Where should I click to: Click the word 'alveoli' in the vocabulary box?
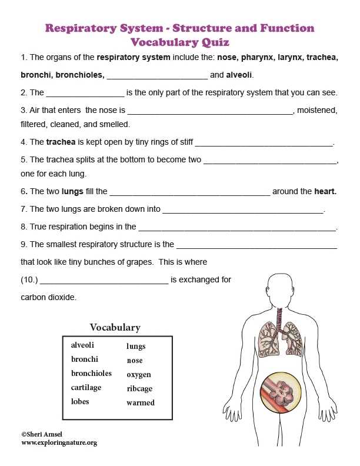(82, 345)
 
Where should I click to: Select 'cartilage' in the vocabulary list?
(86, 388)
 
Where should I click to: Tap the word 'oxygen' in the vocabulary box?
(139, 374)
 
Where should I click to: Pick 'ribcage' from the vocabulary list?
(139, 388)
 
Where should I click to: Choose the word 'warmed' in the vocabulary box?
(141, 402)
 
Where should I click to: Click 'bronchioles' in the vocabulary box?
(91, 374)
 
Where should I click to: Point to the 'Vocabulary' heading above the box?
(115, 327)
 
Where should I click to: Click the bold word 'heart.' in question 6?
(325, 191)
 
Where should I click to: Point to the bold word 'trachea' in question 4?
(61, 142)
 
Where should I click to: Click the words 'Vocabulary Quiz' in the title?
(179, 42)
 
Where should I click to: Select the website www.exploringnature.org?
(59, 442)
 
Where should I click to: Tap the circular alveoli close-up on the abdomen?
(281, 391)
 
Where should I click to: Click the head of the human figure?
(281, 289)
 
